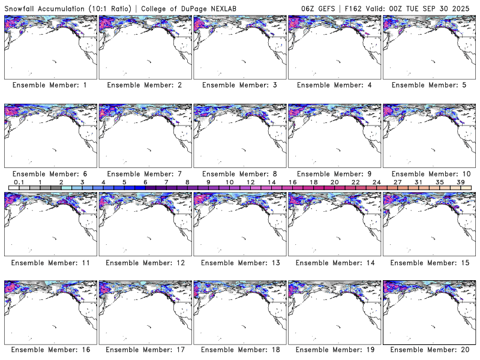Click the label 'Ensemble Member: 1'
pyautogui.click(x=50, y=85)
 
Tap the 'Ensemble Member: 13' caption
pyautogui.click(x=239, y=262)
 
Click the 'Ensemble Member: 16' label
pyautogui.click(x=50, y=350)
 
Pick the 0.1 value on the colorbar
pyautogui.click(x=19, y=182)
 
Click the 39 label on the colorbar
pyautogui.click(x=460, y=182)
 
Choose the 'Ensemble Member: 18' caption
pyautogui.click(x=239, y=350)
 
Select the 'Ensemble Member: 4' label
pyautogui.click(x=334, y=85)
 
